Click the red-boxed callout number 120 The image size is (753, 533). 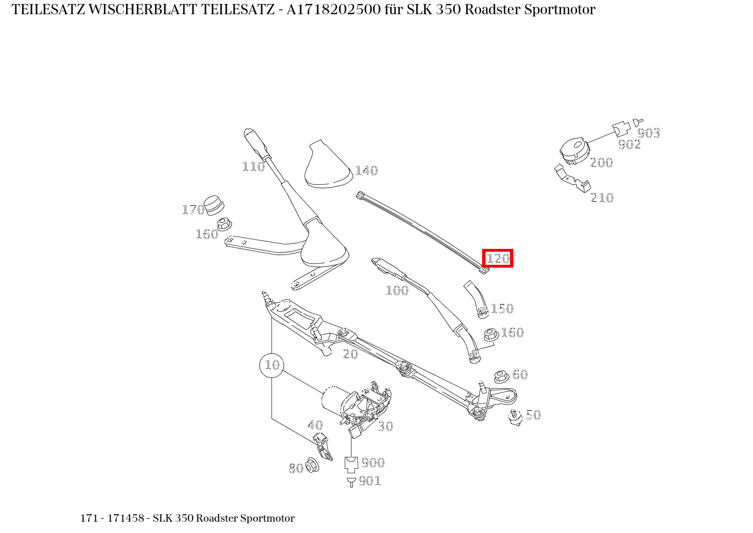coord(498,259)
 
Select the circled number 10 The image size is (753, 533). coord(272,365)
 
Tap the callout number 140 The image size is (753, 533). coord(366,170)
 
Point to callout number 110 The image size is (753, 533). coord(253,166)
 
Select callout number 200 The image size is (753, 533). coord(601,163)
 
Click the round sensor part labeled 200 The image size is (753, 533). coord(574,151)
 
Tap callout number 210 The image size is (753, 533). coord(602,198)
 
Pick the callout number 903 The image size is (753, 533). coord(649,133)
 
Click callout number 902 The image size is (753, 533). coord(629,144)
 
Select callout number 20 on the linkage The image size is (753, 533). coord(350,354)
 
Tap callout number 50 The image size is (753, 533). coord(533,415)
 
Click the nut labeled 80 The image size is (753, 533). coord(312,465)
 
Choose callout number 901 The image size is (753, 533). coord(370,481)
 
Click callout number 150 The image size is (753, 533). coord(502,309)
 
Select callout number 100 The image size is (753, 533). coord(397,290)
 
